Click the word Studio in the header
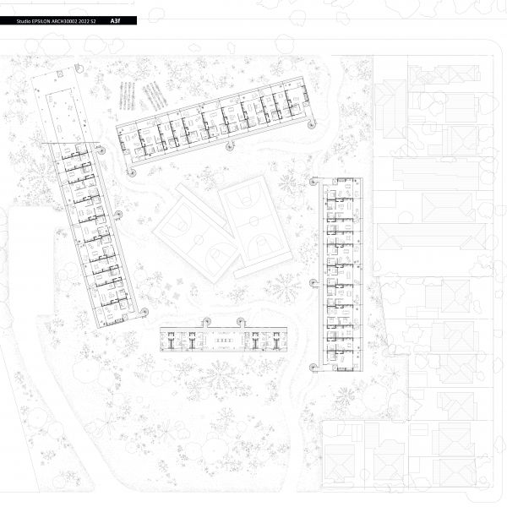click(24, 21)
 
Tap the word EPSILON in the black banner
click(41, 21)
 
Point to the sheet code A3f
click(115, 21)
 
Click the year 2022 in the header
click(84, 21)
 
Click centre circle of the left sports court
click(199, 240)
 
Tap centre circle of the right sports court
click(253, 221)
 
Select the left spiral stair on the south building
click(207, 322)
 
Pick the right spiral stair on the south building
click(241, 322)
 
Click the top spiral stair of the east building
click(313, 182)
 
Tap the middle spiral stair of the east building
click(313, 283)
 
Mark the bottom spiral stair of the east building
click(313, 368)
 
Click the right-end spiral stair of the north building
click(311, 124)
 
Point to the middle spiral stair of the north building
click(230, 146)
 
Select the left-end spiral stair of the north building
click(131, 172)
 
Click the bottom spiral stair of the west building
click(144, 312)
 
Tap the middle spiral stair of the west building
click(118, 214)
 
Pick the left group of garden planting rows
click(127, 95)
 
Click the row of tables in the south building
click(223, 341)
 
